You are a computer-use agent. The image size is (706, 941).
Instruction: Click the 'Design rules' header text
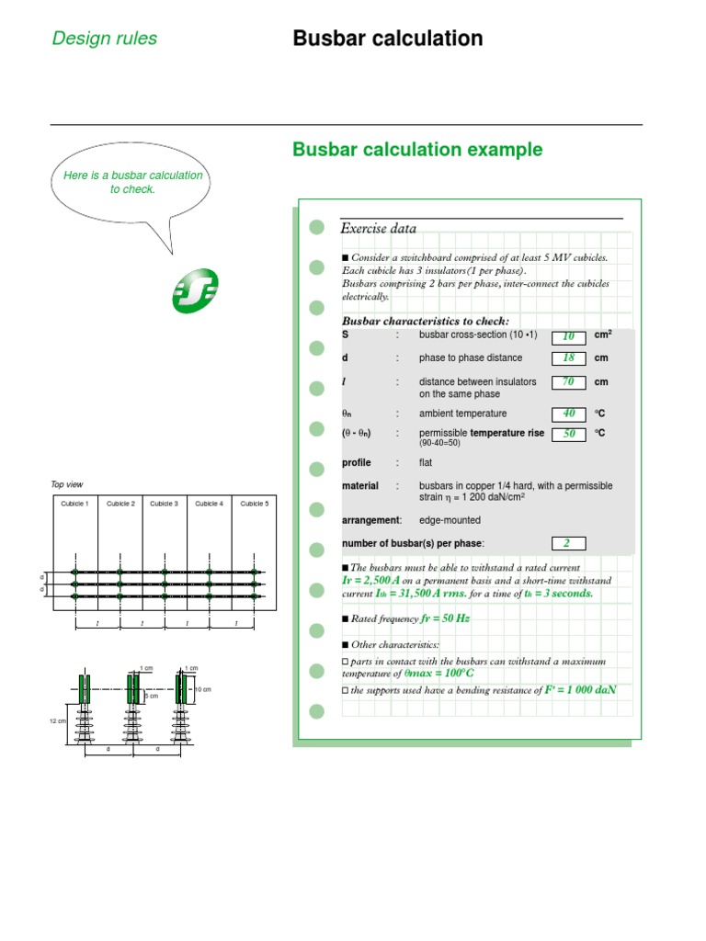tap(104, 39)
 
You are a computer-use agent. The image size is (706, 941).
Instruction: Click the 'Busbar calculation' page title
tap(387, 39)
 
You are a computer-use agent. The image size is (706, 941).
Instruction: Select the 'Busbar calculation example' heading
tap(416, 150)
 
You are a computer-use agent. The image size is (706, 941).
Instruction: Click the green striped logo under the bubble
tap(195, 292)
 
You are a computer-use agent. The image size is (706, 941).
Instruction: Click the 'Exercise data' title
tap(378, 229)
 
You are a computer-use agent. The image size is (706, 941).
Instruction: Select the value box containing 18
tap(568, 358)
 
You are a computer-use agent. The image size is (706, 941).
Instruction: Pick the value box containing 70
tap(568, 382)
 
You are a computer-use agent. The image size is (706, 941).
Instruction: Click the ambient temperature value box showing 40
tap(568, 414)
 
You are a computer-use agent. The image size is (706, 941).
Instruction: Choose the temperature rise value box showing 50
tap(568, 434)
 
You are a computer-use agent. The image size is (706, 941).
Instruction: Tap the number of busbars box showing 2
tap(568, 544)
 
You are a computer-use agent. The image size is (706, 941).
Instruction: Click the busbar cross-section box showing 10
tap(568, 337)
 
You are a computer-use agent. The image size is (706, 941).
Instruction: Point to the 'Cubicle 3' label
tap(164, 504)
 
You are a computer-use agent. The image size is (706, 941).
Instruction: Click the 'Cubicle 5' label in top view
tap(255, 504)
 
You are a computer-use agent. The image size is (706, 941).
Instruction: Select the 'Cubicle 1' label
tap(74, 504)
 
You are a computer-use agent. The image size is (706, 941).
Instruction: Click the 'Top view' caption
tap(66, 484)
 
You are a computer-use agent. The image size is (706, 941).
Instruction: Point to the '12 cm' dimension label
tap(57, 721)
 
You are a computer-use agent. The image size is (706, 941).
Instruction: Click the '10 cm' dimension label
tap(203, 689)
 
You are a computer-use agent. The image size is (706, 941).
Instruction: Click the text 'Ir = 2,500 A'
tap(376, 582)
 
